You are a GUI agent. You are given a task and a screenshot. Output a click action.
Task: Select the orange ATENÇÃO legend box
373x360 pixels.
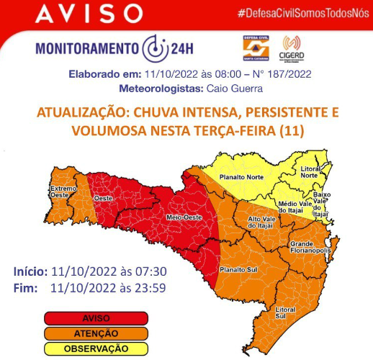pyautogui.click(x=95, y=333)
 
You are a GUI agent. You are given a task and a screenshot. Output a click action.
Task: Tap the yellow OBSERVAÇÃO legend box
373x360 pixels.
pyautogui.click(x=95, y=348)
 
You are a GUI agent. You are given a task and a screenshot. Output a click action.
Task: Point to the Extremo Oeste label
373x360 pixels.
pyautogui.click(x=63, y=191)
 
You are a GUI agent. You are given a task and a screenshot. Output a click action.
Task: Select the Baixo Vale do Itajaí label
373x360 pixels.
pyautogui.click(x=321, y=204)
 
